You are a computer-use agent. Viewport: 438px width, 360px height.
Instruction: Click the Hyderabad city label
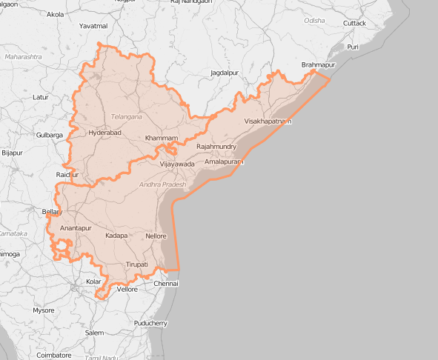(x=104, y=133)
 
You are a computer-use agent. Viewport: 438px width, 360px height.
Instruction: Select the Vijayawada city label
(x=177, y=164)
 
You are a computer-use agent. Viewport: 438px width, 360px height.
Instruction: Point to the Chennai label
(x=166, y=284)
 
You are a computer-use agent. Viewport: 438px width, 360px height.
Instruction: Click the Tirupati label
(x=137, y=264)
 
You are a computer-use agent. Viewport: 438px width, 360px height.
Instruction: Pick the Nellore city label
(x=156, y=236)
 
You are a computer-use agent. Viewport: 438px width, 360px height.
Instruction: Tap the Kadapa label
(x=116, y=236)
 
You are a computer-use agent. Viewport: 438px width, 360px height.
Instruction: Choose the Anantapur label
(x=76, y=227)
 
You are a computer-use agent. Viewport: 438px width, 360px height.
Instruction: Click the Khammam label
(x=162, y=139)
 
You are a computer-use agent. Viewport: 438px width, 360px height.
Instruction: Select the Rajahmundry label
(x=216, y=147)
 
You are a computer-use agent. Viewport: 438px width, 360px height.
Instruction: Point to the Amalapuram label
(x=223, y=161)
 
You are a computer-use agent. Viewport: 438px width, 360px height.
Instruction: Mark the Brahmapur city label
(x=319, y=65)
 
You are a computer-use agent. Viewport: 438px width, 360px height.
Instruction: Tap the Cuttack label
(x=354, y=23)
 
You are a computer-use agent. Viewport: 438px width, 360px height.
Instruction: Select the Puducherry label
(x=151, y=323)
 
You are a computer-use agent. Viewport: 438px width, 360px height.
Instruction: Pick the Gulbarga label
(x=50, y=135)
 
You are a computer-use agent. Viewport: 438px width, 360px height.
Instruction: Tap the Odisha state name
(x=314, y=21)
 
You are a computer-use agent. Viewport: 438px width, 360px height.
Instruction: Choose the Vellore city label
(x=127, y=289)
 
